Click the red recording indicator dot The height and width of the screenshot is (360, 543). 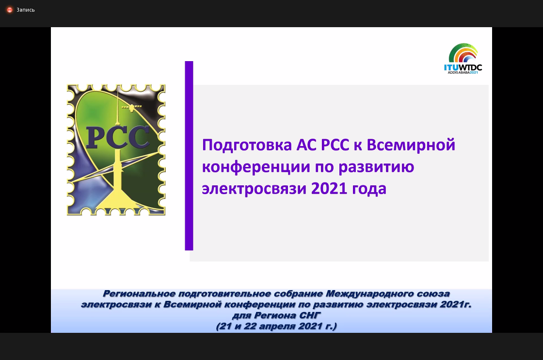(x=10, y=10)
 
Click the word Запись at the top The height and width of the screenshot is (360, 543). (x=26, y=10)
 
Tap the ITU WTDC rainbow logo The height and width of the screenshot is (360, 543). (x=463, y=58)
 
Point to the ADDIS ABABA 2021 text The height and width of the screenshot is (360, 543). (x=463, y=72)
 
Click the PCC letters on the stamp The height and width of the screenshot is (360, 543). (x=117, y=138)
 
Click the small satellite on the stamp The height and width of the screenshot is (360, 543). (x=131, y=108)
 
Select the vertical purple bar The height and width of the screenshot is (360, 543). (x=189, y=156)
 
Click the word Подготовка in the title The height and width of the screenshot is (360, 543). (x=247, y=146)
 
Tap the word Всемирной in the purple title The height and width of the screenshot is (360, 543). (x=411, y=145)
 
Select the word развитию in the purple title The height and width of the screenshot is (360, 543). (x=376, y=167)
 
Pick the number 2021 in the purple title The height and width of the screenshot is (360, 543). (x=329, y=189)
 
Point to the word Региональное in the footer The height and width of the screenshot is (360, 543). (x=139, y=294)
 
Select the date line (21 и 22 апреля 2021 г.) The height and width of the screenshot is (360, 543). (x=276, y=327)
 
